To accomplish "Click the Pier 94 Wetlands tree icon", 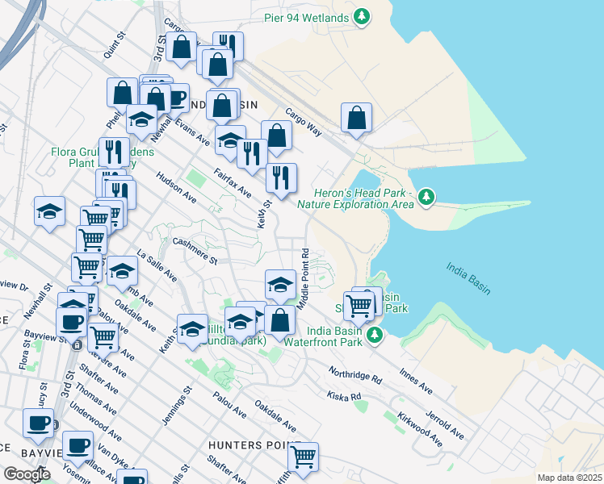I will point(363,16).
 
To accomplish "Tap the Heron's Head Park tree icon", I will point(426,196).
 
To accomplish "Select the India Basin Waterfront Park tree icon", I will point(374,334).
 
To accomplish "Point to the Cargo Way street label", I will point(304,122).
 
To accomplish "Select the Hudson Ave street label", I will point(176,187).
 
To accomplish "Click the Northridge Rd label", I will point(354,376).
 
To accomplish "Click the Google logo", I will point(27,474).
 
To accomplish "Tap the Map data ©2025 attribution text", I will point(568,478).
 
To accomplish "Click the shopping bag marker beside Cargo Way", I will point(356,118).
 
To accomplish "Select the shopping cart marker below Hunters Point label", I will point(303,457).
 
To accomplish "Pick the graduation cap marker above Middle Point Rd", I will point(280,284).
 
